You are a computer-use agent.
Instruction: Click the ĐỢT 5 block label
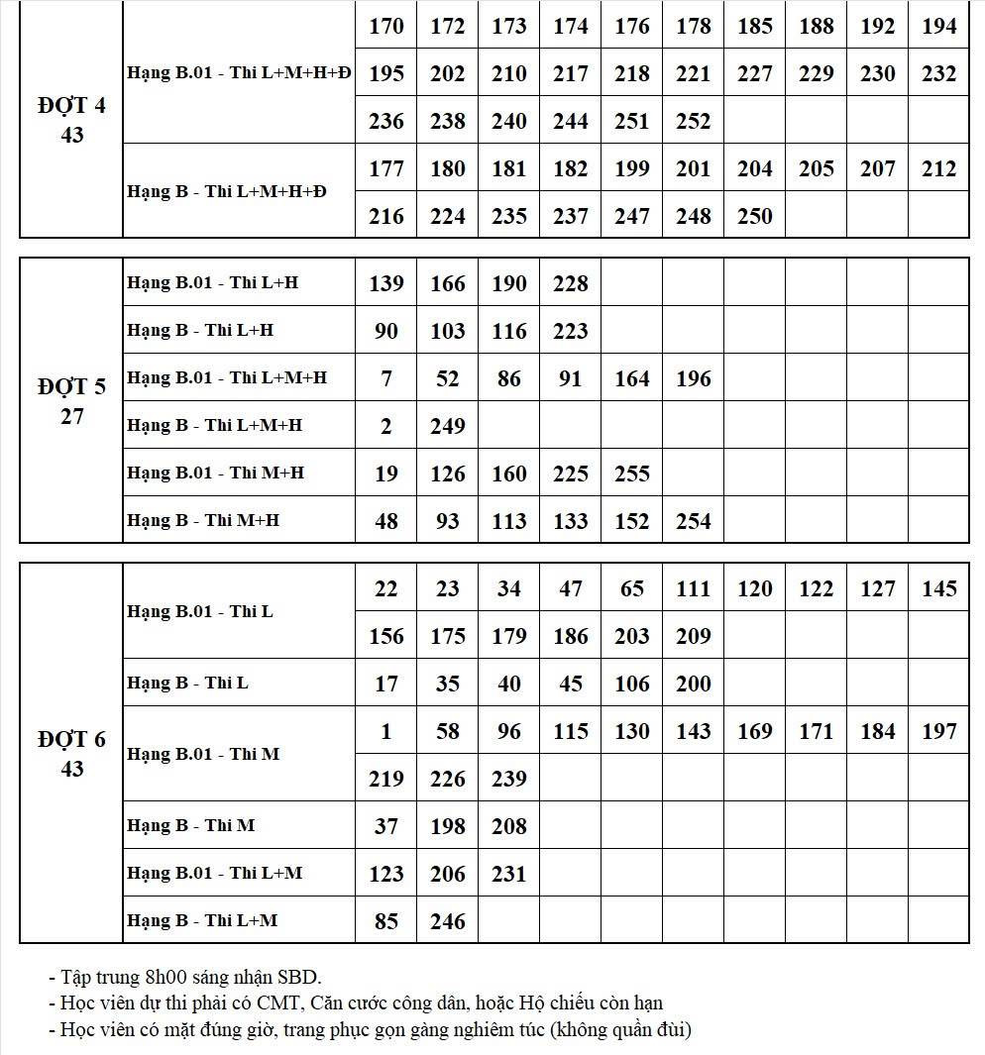click(x=71, y=386)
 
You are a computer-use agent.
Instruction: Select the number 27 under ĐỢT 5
click(x=71, y=416)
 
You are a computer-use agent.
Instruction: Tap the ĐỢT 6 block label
click(x=71, y=739)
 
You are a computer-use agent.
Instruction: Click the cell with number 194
click(x=938, y=26)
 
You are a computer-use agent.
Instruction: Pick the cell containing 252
click(x=693, y=121)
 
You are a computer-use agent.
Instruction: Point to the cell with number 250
click(x=754, y=216)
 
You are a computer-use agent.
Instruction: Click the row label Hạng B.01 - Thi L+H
click(x=212, y=282)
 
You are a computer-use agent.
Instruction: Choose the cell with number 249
click(x=447, y=426)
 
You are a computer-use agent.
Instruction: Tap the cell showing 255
click(x=631, y=474)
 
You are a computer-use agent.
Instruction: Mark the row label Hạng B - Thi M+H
click(x=203, y=520)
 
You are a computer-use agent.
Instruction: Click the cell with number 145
click(x=938, y=589)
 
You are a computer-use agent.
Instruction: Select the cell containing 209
click(x=693, y=637)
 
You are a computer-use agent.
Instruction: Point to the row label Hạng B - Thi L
click(x=187, y=683)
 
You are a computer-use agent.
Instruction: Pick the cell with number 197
click(x=938, y=732)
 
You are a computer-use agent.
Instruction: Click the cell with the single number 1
click(x=385, y=732)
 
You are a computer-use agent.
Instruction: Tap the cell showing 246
click(x=447, y=922)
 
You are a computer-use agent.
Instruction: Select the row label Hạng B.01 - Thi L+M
click(x=215, y=873)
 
